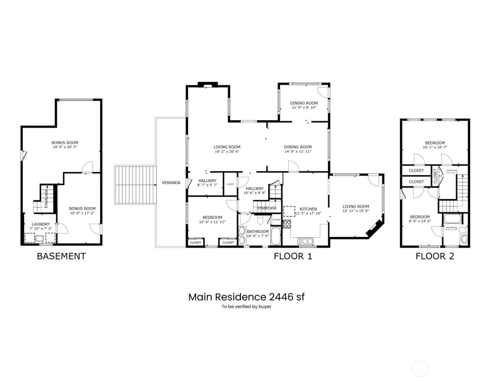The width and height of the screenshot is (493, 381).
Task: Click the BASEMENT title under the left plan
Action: coord(61,256)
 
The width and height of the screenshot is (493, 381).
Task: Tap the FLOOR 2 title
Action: coord(435,256)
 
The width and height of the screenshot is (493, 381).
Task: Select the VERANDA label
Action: coord(171,183)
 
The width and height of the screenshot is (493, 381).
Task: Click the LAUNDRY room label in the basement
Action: coord(41,224)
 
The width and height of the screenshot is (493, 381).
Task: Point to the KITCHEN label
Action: coord(308,209)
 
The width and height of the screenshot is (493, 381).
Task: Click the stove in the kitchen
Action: coord(287,224)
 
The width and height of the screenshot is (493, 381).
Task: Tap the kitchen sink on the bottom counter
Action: coord(305,241)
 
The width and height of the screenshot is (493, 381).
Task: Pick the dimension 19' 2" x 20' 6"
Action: coord(227,152)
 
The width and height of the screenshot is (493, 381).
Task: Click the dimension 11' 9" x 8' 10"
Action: coord(304,107)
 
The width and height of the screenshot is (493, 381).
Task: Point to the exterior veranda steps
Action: coord(135,185)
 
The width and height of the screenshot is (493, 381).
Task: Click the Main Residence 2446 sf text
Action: coord(246,297)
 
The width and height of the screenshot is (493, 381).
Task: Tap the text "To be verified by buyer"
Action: coord(246,307)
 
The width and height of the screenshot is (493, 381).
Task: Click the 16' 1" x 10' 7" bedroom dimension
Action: coord(435,147)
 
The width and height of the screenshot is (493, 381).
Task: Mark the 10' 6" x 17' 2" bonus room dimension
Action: coord(82,213)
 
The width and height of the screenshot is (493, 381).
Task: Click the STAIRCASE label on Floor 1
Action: coord(267,208)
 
